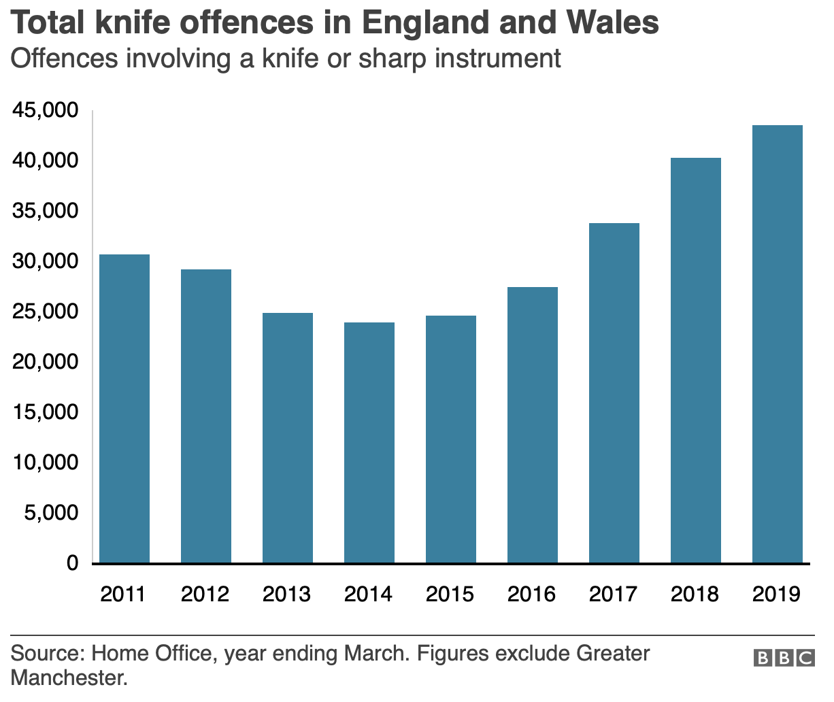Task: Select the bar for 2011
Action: point(124,408)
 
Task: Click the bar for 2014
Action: point(369,442)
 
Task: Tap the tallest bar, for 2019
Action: point(778,344)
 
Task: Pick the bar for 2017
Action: point(614,392)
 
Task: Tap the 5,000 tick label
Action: point(51,513)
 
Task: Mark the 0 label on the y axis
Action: point(71,563)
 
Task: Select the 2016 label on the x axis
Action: point(531,594)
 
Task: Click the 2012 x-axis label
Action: point(205,594)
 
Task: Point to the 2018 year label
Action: point(695,594)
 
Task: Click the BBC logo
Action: point(784,658)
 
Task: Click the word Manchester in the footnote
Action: point(69,678)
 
